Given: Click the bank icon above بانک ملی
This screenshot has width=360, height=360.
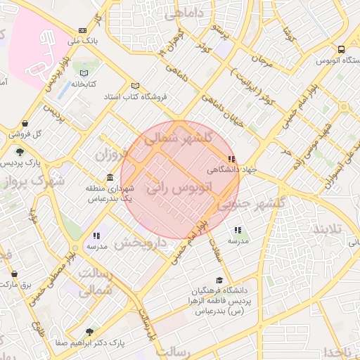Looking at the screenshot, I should point(83,30).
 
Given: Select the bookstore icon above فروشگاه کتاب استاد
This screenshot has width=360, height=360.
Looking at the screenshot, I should point(135,86).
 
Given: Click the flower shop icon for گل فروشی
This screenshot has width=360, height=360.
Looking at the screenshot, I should point(25,122).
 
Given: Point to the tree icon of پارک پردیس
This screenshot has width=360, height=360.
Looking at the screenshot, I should point(20,151).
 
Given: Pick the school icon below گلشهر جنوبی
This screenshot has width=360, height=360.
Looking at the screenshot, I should point(238,229).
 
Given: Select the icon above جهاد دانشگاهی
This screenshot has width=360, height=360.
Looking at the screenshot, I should point(231,159).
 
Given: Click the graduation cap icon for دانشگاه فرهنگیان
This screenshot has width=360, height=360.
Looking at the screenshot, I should point(226,280).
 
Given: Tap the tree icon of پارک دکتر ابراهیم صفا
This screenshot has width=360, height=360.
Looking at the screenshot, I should point(89,332).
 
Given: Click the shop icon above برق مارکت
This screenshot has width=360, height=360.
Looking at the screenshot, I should point(14,274).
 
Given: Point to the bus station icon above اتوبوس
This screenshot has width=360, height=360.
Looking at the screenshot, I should point(340,50).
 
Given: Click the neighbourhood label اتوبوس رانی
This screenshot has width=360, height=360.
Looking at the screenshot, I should point(179,188).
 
